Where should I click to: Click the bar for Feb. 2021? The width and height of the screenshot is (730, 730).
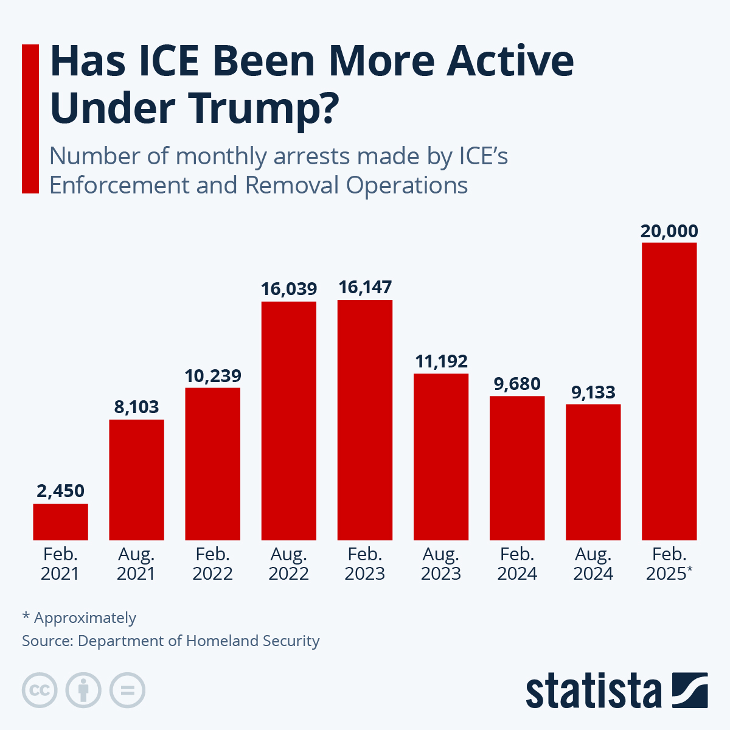point(60,521)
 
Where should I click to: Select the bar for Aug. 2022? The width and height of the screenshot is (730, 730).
point(288,420)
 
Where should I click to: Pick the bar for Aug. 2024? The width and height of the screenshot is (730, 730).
point(593,471)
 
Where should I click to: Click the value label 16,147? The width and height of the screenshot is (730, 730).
point(365,287)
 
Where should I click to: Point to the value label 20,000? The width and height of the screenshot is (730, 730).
point(669,231)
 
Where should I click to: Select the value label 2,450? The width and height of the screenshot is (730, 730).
point(60,491)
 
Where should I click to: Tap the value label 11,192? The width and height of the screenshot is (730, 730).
point(441,361)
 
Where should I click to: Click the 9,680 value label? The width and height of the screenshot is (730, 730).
point(517,384)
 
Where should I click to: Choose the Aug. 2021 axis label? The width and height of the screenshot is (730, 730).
point(136,564)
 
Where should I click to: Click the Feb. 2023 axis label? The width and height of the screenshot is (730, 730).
point(365,564)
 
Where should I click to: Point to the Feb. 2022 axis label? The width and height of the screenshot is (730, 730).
point(212,564)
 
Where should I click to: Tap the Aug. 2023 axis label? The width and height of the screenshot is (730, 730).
point(441,564)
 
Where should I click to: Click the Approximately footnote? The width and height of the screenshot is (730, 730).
point(79,617)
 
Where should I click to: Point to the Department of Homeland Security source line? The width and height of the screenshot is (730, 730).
point(170,641)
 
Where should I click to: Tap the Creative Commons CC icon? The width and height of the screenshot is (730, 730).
point(40,690)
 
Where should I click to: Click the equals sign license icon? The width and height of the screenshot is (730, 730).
point(127,690)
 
